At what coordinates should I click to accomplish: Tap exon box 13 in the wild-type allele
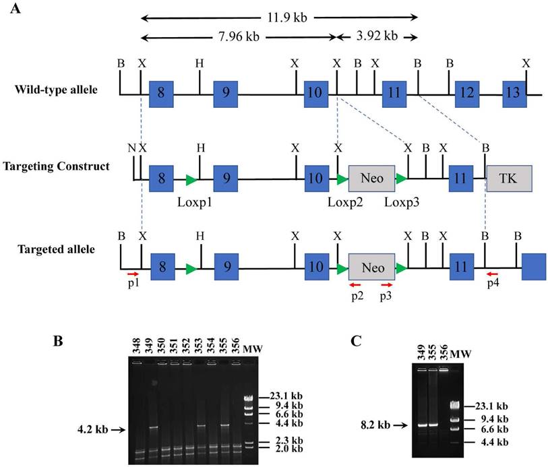(513, 92)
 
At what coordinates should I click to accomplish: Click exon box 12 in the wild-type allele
(466, 92)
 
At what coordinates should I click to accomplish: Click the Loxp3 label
(402, 201)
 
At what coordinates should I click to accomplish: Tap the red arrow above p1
(133, 274)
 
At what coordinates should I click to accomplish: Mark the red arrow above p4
(493, 274)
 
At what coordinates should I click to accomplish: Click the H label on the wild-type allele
(199, 62)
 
